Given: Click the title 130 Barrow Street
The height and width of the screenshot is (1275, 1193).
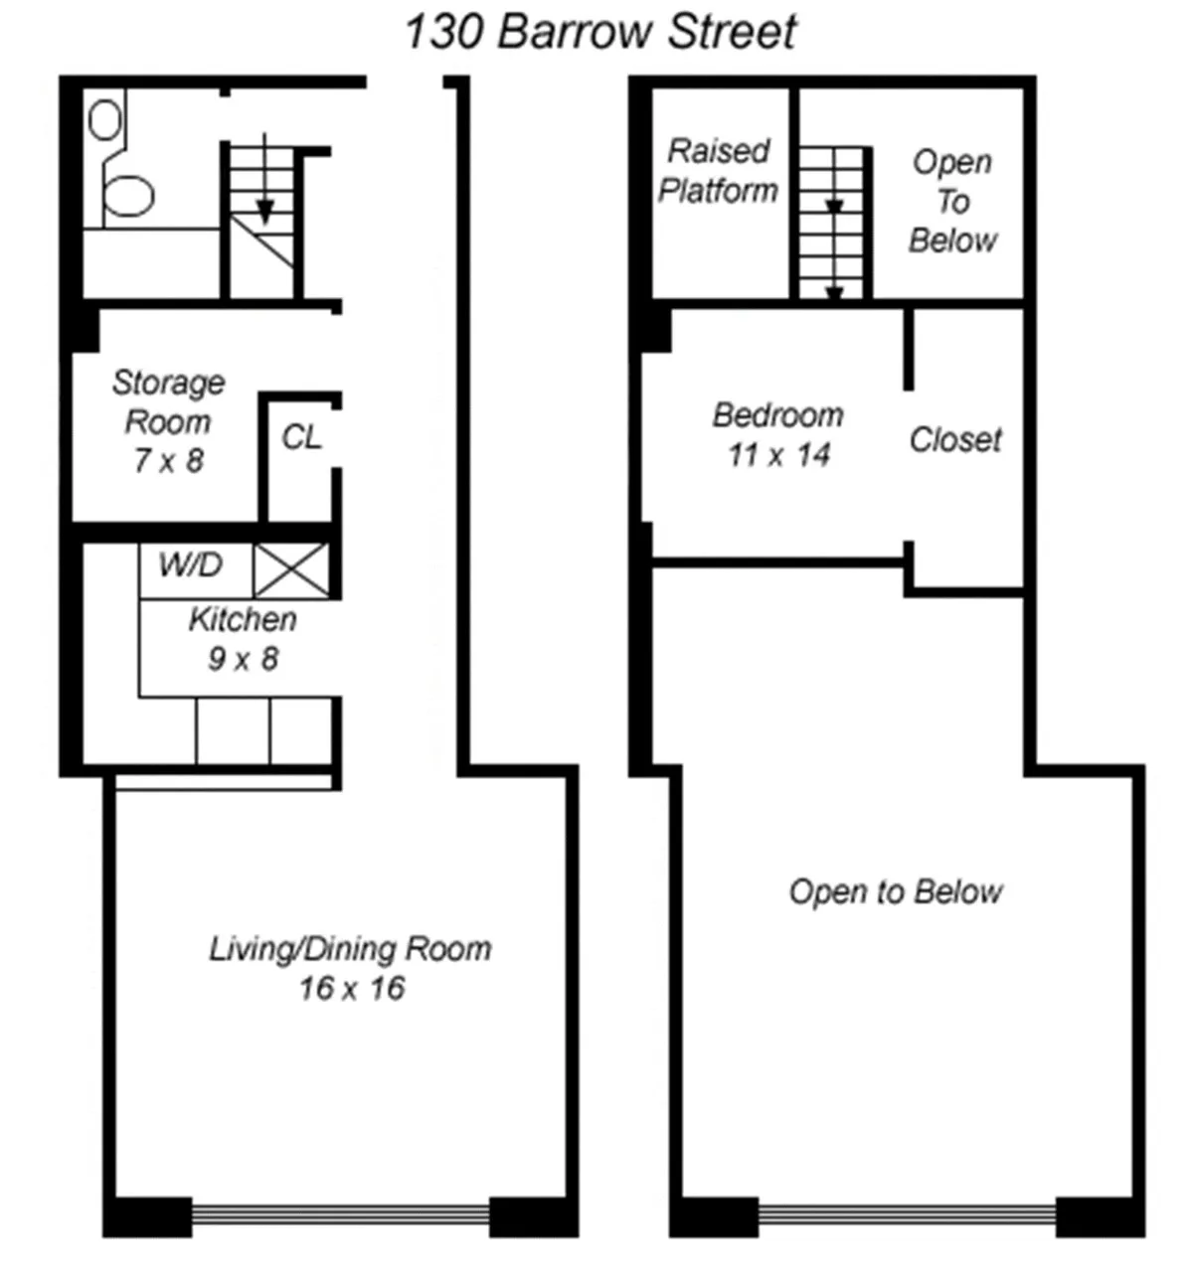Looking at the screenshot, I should coord(599,31).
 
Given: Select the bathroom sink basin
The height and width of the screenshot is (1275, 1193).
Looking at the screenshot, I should coord(104,121).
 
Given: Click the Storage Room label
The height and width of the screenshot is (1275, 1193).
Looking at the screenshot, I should coord(167,401).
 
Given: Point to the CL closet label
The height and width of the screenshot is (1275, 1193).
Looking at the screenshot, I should coord(301,436).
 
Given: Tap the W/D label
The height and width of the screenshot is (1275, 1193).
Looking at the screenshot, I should coord(190,565).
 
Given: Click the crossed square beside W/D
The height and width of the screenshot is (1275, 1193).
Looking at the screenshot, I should coord(291,570).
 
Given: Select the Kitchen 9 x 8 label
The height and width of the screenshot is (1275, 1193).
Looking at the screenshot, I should coord(243,638).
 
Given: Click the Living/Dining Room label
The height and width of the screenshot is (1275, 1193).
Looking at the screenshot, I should coord(350,948).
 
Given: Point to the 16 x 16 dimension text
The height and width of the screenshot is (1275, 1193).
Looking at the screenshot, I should coord(352,988).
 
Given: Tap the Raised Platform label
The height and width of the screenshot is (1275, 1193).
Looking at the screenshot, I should coord(718,170).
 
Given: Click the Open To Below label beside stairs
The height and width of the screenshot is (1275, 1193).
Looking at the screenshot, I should coord(952,201).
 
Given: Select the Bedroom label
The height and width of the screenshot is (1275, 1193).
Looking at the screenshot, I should coord(777,414).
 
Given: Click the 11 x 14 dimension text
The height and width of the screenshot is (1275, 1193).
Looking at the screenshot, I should coord(777,455).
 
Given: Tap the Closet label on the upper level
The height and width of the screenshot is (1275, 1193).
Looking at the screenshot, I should coord(955,439).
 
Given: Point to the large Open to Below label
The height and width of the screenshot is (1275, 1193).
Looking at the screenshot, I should coord(896,891).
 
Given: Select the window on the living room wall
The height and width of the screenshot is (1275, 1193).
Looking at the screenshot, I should coord(340,1214).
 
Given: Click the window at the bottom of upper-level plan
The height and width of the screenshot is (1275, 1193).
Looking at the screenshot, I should coord(907,1214).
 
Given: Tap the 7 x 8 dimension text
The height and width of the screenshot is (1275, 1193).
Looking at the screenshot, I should coord(168,460).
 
